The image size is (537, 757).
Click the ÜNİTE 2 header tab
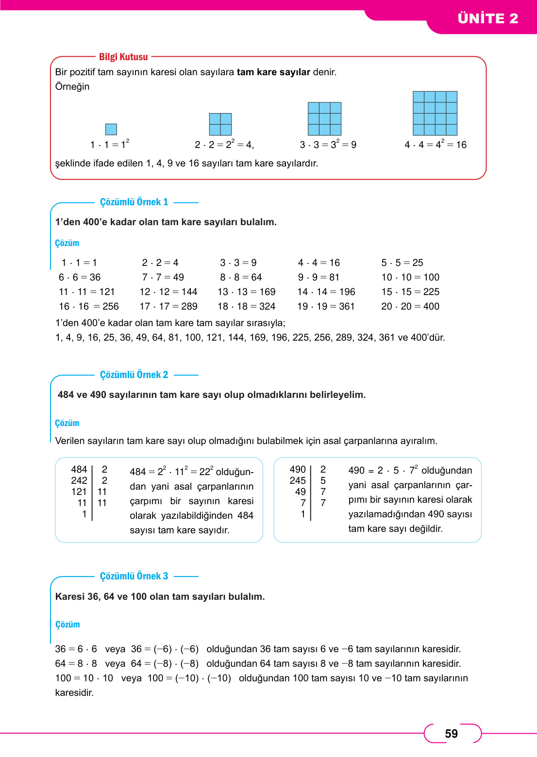[487, 18]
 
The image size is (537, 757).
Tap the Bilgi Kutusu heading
[123, 57]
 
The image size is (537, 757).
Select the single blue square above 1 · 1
[111, 129]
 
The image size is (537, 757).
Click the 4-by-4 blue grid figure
[435, 113]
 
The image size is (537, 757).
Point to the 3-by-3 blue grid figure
[324, 118]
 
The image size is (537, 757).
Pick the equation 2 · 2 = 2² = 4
[224, 145]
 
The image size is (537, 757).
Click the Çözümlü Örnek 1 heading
[134, 202]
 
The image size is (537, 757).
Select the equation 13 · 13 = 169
[247, 292]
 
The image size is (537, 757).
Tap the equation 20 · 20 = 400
[410, 306]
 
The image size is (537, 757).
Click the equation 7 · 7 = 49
[163, 277]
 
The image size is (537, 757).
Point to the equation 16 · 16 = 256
[88, 306]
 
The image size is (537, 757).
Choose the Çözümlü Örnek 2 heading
[134, 375]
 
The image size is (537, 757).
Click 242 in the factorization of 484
[79, 480]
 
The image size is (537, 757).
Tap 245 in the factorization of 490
[298, 480]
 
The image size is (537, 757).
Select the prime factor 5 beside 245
[323, 480]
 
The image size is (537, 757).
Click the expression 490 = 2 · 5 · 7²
[383, 470]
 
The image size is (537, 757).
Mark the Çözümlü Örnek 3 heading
[134, 576]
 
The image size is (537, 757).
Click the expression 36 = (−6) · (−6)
[165, 649]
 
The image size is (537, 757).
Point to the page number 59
[451, 734]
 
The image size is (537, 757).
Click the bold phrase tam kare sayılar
[273, 72]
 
